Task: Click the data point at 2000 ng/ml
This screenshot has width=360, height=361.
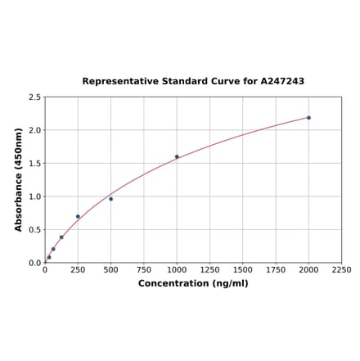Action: coord(308,118)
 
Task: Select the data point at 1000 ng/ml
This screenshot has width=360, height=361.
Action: coord(177,156)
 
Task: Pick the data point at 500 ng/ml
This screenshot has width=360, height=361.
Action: coord(110,199)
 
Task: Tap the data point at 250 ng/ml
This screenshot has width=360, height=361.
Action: coord(78,217)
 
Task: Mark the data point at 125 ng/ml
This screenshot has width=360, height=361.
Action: coord(61,237)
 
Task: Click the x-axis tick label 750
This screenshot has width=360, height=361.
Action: coord(143,269)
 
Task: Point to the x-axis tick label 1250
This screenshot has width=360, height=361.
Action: coord(209,269)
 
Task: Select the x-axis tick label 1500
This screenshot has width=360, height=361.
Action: coord(242,269)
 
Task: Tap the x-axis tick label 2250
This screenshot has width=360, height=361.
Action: coord(341,269)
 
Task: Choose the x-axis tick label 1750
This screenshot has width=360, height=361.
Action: coord(276,269)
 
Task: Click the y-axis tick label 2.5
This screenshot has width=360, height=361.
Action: coord(35,97)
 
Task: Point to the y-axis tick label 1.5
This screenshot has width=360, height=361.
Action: coord(35,164)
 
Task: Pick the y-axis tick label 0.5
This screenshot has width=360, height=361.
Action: coord(35,230)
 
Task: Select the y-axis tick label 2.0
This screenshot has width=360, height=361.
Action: coord(35,130)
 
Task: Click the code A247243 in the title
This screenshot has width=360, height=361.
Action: coord(282,81)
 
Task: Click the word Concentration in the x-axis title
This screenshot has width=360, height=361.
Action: coord(169,283)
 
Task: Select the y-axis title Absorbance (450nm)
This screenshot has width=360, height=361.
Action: coord(18,179)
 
